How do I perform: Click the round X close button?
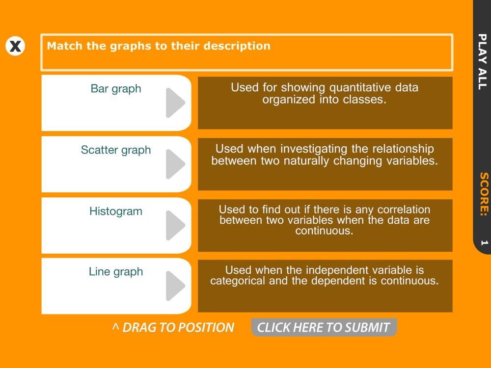(15, 46)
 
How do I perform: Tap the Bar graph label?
(116, 88)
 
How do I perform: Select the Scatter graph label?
(116, 150)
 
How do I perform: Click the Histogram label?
(116, 211)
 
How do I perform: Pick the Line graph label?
(116, 272)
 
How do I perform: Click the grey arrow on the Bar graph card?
(175, 103)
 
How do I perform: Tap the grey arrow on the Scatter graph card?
(175, 164)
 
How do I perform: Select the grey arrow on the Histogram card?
(175, 225)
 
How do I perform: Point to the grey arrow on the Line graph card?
(175, 286)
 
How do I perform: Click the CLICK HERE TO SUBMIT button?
(324, 327)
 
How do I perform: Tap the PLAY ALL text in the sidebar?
(483, 62)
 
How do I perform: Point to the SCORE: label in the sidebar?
(484, 194)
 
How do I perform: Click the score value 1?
(485, 242)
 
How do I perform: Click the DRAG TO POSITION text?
(173, 327)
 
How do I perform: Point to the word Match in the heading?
(65, 46)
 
